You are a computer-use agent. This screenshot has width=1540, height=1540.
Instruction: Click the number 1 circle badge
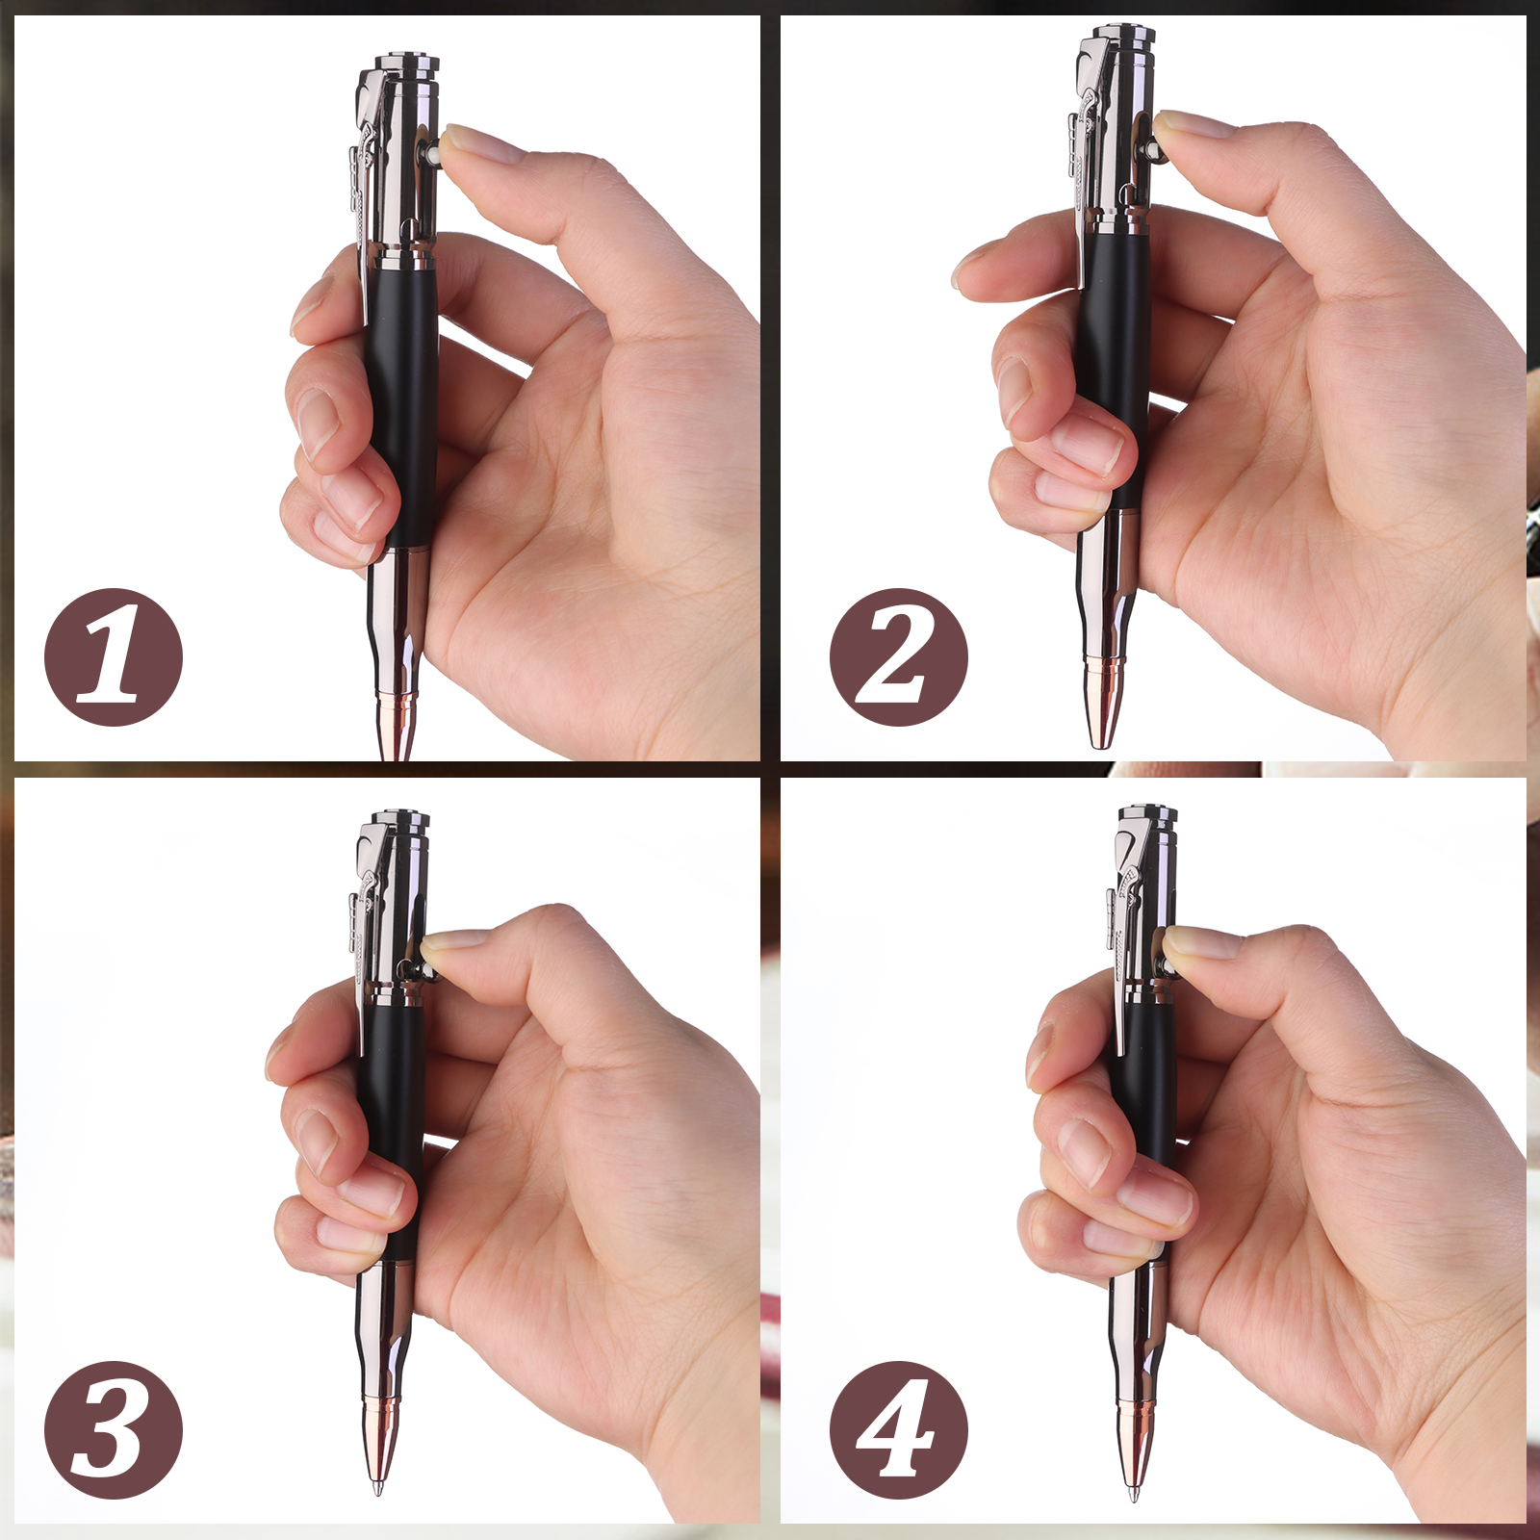pyautogui.click(x=114, y=657)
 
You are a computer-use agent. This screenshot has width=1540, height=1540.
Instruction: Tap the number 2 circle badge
pyautogui.click(x=899, y=657)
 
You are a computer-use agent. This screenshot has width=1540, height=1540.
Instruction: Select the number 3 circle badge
pyautogui.click(x=114, y=1430)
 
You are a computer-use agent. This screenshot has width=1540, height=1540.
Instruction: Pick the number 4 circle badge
pyautogui.click(x=899, y=1430)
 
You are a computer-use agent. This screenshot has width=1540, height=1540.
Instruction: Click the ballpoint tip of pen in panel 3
pyautogui.click(x=377, y=1491)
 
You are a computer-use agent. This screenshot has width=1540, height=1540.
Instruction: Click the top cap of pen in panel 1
pyautogui.click(x=407, y=65)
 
